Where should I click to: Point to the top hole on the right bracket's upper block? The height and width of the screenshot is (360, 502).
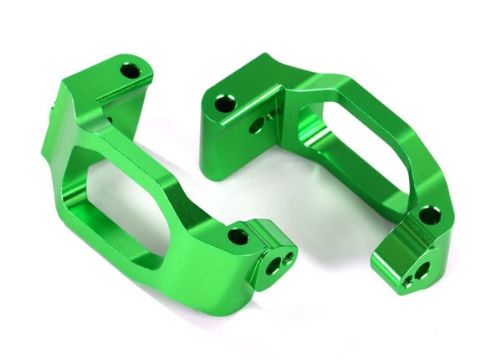pyautogui.click(x=224, y=105)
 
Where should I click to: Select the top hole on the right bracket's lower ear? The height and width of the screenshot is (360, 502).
pyautogui.click(x=427, y=216)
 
